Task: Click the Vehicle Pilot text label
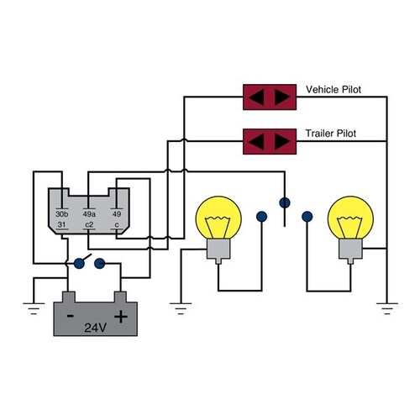click(334, 89)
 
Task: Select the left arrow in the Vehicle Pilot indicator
click(257, 97)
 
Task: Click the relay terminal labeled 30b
click(62, 215)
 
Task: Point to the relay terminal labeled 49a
click(90, 215)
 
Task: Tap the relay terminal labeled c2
click(89, 225)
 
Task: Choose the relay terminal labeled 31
click(61, 225)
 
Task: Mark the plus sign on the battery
click(121, 316)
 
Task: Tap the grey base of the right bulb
click(351, 249)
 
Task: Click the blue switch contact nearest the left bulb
click(261, 215)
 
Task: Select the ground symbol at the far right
click(386, 308)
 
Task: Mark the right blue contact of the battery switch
click(100, 263)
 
